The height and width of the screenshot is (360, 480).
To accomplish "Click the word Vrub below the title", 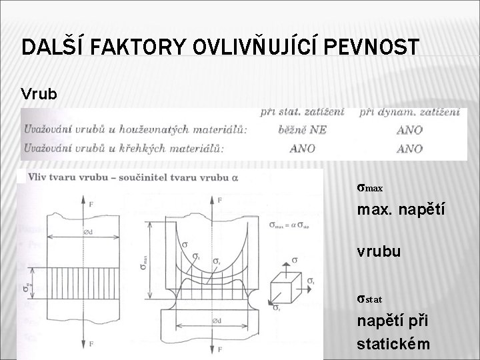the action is point(39,94).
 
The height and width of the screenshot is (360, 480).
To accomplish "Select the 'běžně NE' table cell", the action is point(303,130).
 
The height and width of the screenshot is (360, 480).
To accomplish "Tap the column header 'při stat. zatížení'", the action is point(303,112).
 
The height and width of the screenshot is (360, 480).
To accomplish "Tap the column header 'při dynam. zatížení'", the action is point(409,112).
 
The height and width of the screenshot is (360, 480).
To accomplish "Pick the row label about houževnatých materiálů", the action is point(133,130).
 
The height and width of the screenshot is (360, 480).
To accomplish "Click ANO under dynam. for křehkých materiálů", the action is point(409,148).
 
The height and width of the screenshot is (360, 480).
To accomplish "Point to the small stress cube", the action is point(286,287).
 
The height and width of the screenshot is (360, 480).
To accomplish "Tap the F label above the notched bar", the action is point(220,199).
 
